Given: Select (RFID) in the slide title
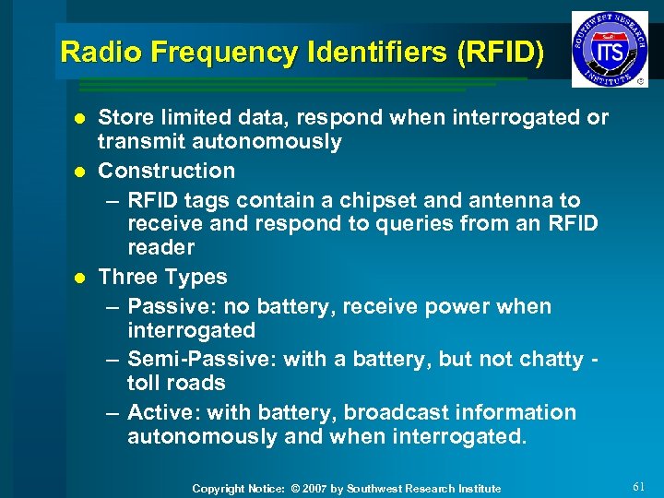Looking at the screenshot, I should [x=500, y=52].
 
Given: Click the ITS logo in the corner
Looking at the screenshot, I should [x=609, y=49].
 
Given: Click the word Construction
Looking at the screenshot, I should [x=167, y=171].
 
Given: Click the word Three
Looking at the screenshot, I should [x=127, y=277].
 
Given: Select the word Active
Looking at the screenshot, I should [x=159, y=412].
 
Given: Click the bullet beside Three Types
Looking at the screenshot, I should [x=80, y=278].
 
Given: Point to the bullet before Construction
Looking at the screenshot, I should [x=80, y=172].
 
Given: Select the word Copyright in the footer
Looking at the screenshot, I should [x=218, y=489].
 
